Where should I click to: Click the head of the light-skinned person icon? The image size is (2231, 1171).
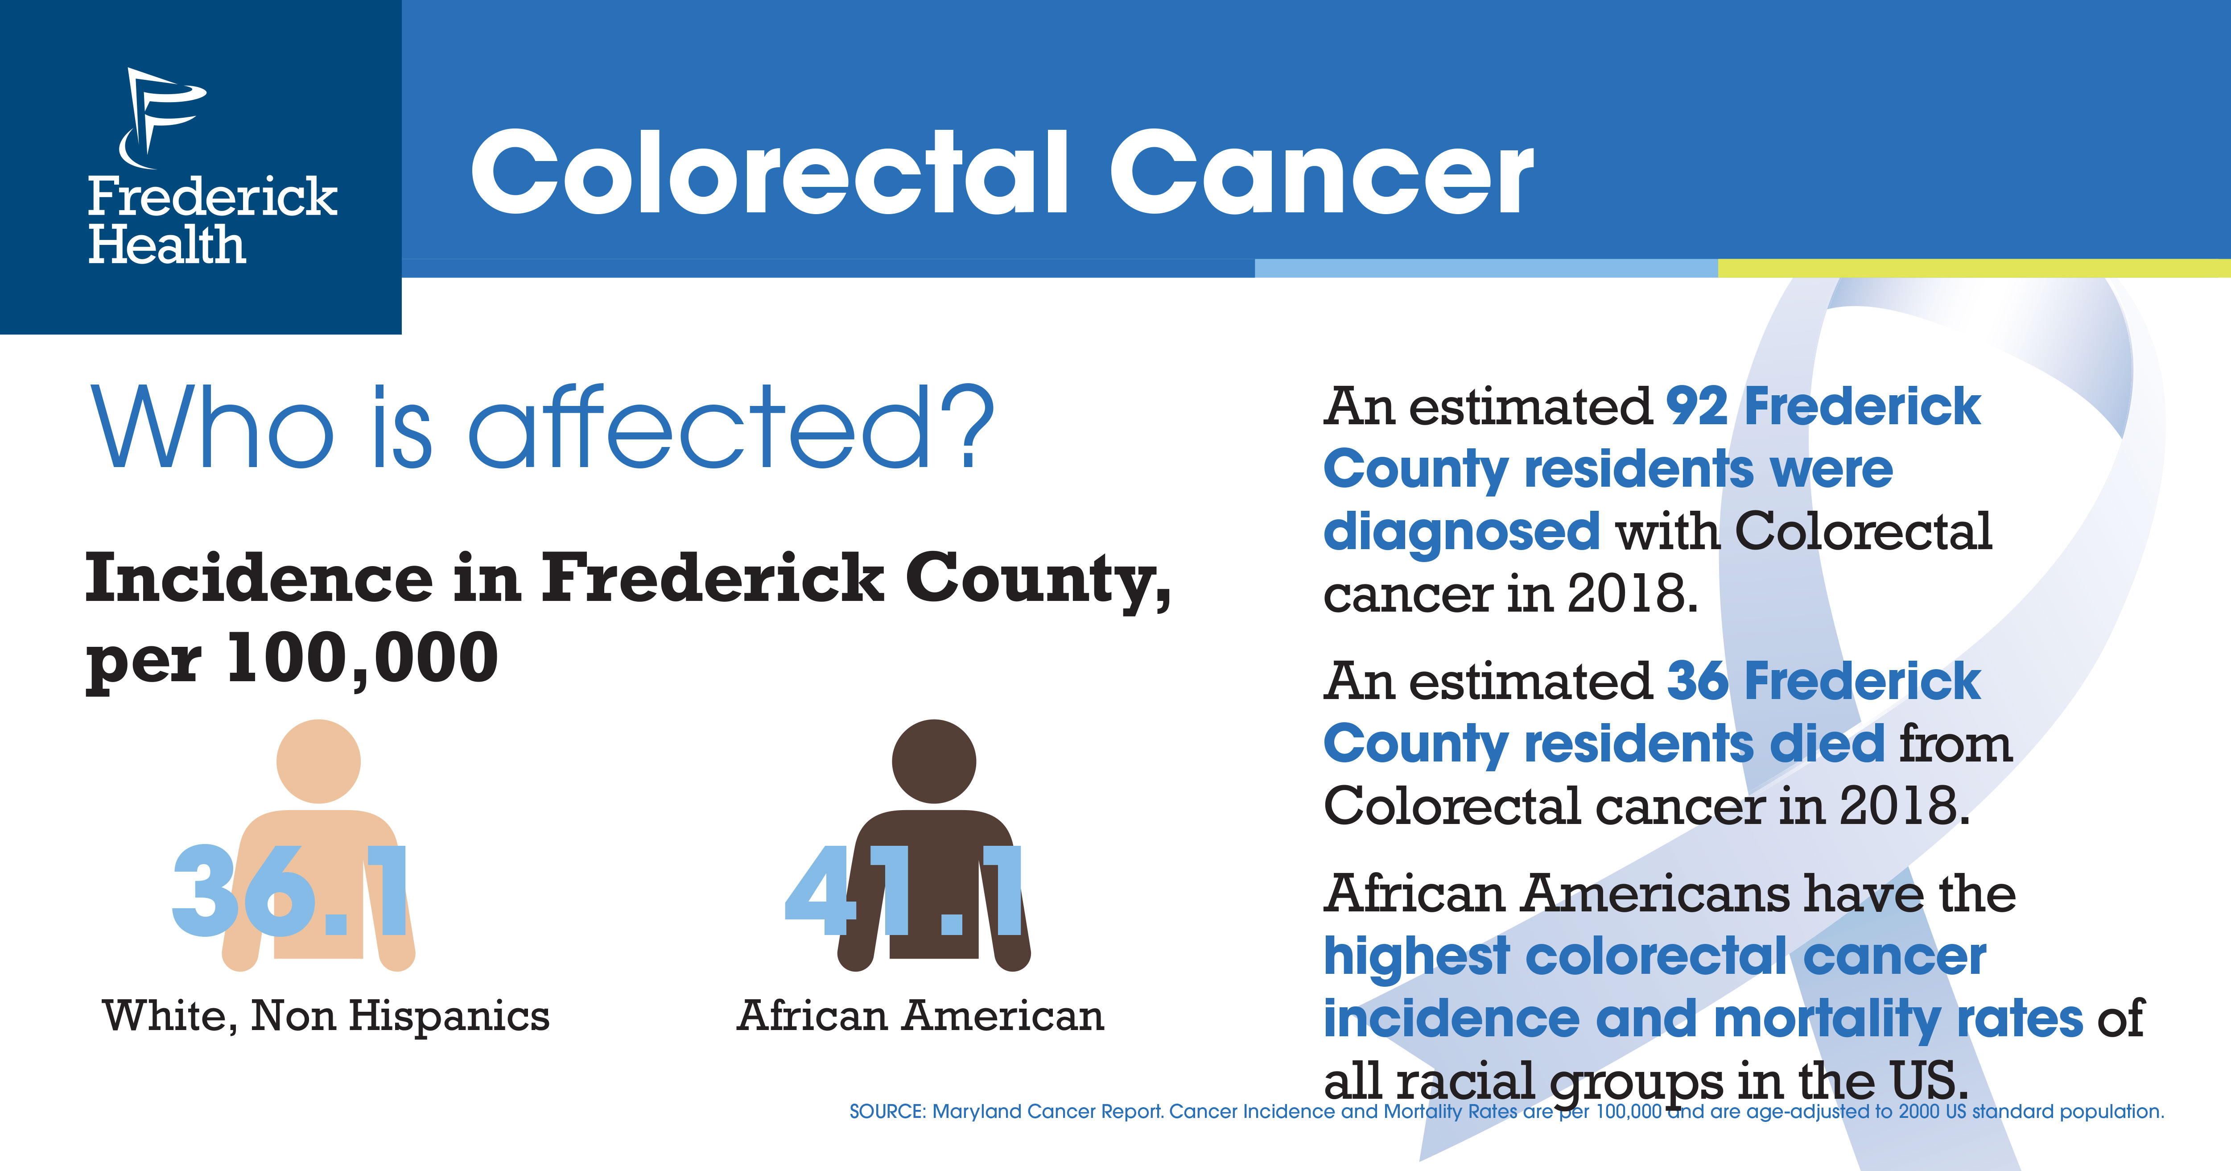[x=319, y=761]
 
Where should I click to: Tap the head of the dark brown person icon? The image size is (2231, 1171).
[x=934, y=761]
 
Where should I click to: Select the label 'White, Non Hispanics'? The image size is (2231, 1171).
[x=326, y=1016]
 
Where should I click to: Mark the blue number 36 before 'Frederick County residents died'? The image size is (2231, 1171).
[x=1698, y=681]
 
